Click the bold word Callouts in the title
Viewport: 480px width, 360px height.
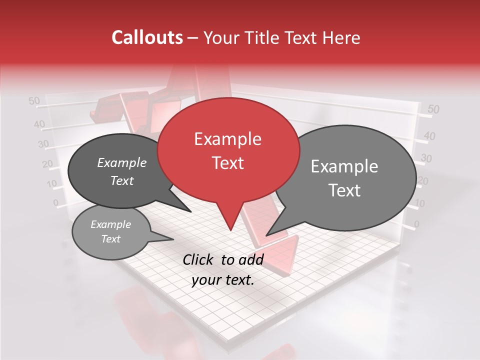[x=147, y=37]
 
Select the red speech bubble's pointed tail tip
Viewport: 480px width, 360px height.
[x=230, y=229]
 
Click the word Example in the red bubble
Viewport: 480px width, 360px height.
[x=227, y=139]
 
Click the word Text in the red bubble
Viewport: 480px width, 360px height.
[x=227, y=163]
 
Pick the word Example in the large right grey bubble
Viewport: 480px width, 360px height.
[x=344, y=166]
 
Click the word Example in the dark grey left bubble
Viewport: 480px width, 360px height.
[x=121, y=162]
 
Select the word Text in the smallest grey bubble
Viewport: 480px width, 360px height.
[x=110, y=239]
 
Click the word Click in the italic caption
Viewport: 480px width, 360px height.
[x=199, y=259]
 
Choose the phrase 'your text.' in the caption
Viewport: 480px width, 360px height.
[x=222, y=280]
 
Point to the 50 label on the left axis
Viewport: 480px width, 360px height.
[x=34, y=101]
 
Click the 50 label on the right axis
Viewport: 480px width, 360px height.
[x=433, y=109]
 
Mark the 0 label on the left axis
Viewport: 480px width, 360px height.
[x=55, y=202]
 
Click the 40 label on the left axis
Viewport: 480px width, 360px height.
[x=39, y=124]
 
